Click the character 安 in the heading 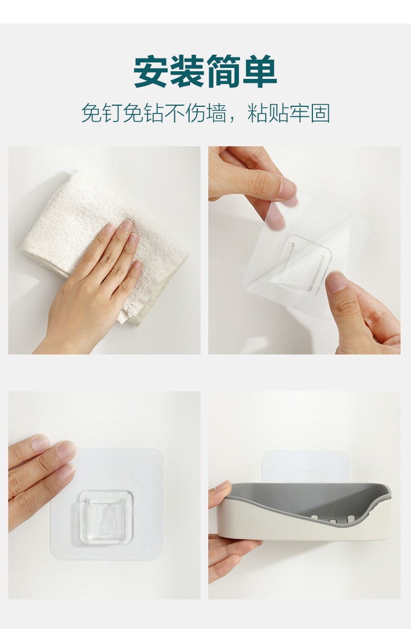[151, 71]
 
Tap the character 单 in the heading [260, 71]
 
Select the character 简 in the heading [224, 71]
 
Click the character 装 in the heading [187, 71]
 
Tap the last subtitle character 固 [320, 113]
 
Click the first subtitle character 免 [92, 113]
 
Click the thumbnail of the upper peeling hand [288, 188]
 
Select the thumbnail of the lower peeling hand [337, 282]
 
